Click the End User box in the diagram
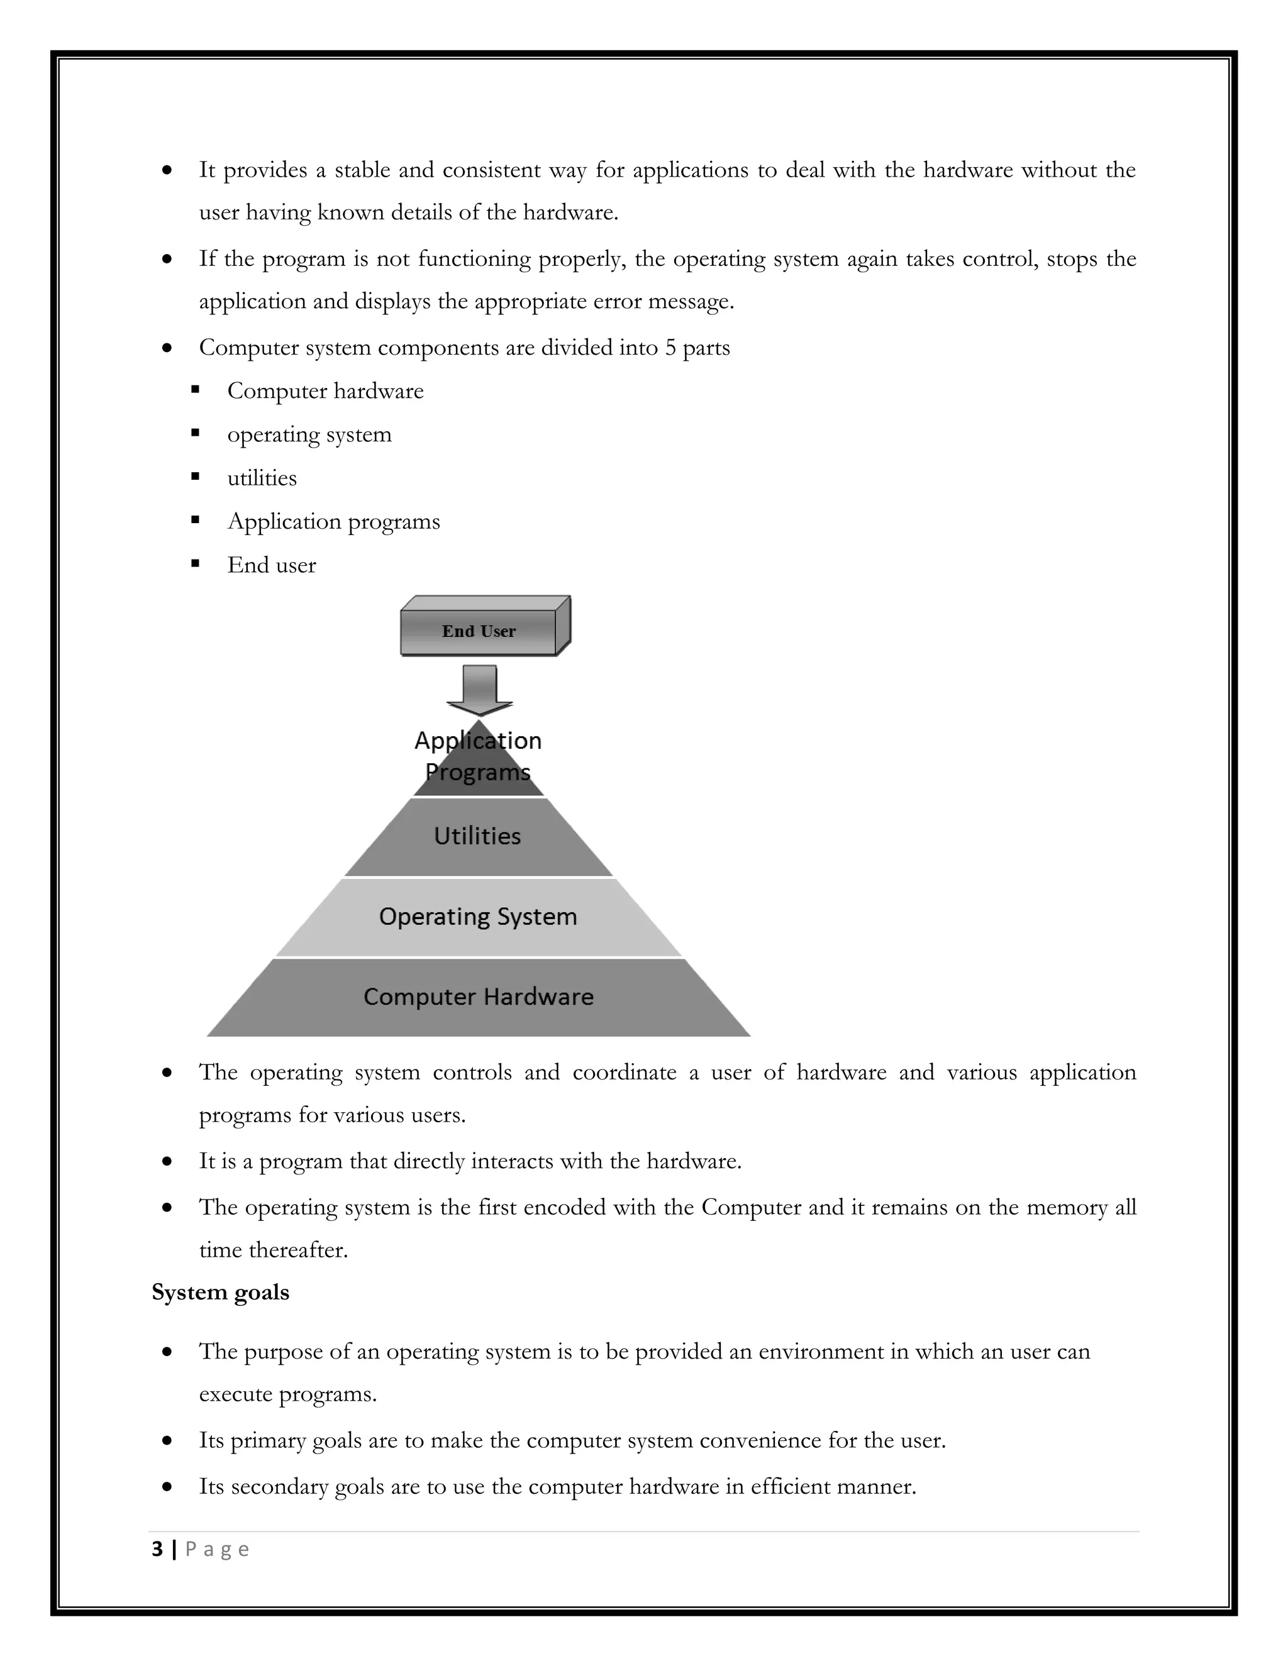pyautogui.click(x=479, y=631)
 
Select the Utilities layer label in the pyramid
pyautogui.click(x=478, y=836)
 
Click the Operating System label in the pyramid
pyautogui.click(x=478, y=916)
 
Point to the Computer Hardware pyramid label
pyautogui.click(x=479, y=996)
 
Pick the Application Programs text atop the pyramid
pyautogui.click(x=478, y=756)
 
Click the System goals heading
pyautogui.click(x=221, y=1292)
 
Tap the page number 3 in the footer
pyautogui.click(x=157, y=1549)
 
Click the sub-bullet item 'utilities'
pyautogui.click(x=262, y=478)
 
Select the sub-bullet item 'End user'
pyautogui.click(x=272, y=565)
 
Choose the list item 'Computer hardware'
pyautogui.click(x=325, y=391)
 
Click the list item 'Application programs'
pyautogui.click(x=333, y=522)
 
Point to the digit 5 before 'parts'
pyautogui.click(x=670, y=348)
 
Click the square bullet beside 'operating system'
pyautogui.click(x=196, y=433)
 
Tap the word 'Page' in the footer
pyautogui.click(x=218, y=1549)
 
